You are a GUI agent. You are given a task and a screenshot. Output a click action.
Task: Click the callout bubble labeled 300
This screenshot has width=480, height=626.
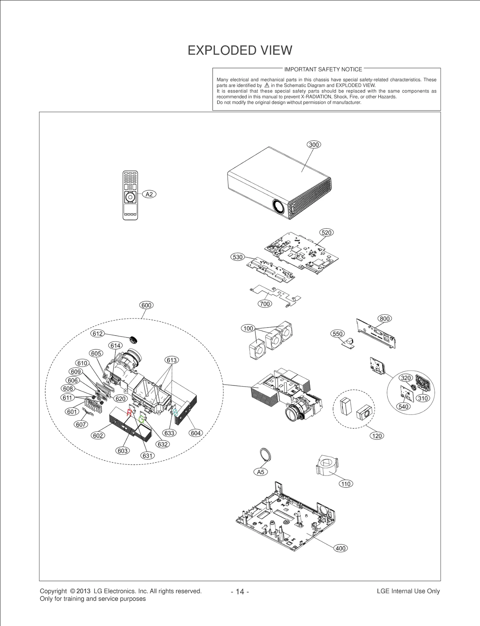314,144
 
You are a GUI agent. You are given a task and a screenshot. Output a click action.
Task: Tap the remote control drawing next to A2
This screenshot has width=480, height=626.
130,195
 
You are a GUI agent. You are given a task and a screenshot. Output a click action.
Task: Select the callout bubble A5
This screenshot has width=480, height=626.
260,472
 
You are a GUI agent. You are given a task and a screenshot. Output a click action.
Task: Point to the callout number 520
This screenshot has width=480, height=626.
326,232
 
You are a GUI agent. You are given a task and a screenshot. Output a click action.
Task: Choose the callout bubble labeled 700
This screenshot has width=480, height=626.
265,304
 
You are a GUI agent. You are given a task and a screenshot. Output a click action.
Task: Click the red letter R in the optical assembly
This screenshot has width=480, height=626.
129,413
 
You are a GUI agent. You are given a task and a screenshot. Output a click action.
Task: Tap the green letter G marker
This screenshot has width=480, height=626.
141,419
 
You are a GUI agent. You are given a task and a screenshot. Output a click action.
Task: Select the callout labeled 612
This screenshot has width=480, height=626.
97,333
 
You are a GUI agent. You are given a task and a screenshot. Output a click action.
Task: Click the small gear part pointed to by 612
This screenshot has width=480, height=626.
133,340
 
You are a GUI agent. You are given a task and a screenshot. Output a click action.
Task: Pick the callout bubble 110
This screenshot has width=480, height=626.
346,484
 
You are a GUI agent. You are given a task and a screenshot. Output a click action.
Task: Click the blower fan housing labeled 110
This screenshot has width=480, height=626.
327,466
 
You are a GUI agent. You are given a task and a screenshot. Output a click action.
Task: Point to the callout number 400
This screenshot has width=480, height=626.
340,548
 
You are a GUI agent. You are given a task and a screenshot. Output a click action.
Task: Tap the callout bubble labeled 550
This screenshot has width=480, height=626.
337,334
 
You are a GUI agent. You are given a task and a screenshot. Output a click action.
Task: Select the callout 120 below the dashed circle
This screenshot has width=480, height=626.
377,436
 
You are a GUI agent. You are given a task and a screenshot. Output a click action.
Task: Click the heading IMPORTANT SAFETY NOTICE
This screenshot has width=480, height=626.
323,69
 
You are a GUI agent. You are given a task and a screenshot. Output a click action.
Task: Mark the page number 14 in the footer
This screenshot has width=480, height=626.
240,591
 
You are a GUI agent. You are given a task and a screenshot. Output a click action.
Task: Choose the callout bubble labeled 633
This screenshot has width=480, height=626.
169,433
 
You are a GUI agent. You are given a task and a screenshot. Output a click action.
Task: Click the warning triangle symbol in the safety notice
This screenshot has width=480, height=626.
267,85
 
